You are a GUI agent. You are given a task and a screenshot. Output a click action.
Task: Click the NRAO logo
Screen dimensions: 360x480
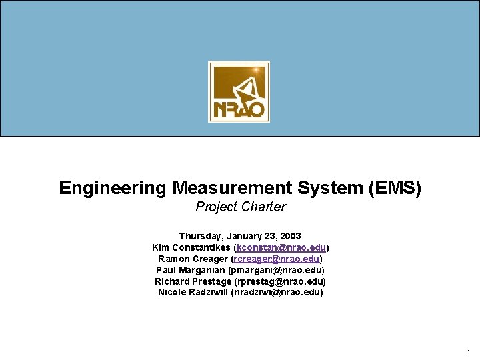(239, 91)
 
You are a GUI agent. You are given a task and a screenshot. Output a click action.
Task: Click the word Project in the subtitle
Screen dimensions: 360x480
(216, 207)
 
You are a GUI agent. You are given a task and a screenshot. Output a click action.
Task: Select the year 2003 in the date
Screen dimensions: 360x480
(289, 236)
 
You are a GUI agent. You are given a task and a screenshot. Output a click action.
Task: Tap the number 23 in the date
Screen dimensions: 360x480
(269, 236)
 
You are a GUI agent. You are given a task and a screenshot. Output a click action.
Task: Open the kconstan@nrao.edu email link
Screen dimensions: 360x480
(281, 247)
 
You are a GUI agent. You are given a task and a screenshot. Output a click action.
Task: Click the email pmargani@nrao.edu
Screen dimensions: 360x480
(276, 270)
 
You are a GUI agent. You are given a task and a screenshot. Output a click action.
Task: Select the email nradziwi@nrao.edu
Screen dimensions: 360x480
(277, 293)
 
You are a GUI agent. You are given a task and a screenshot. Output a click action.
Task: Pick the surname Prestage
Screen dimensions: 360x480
(211, 281)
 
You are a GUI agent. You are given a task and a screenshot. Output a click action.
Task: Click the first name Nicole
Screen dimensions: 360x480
(172, 293)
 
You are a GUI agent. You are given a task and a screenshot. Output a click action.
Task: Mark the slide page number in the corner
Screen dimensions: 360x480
(469, 351)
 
